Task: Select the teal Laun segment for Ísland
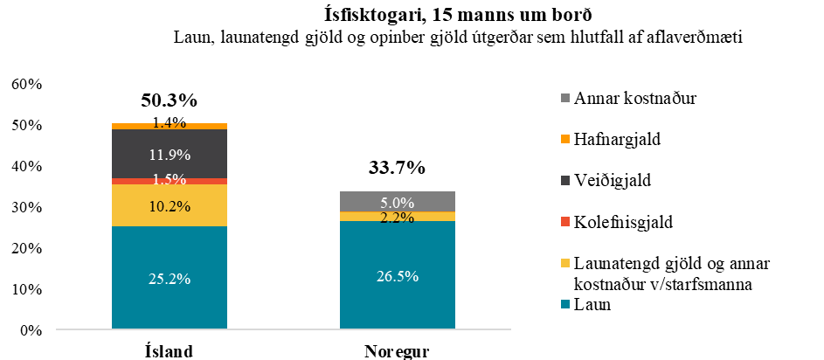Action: [x=169, y=278]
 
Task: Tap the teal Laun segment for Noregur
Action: [x=398, y=275]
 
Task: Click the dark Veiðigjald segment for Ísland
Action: [x=169, y=154]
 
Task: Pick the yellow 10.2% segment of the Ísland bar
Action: [x=169, y=205]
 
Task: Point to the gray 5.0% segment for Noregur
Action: [x=398, y=201]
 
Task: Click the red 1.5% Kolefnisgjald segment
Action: [x=169, y=181]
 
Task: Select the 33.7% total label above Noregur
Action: [x=396, y=167]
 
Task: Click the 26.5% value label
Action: [x=398, y=276]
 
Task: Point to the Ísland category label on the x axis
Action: [x=168, y=351]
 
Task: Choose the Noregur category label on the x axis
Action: [x=396, y=351]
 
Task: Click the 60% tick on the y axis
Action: [x=26, y=84]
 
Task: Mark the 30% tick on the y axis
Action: [x=26, y=207]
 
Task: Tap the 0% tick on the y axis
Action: [x=30, y=330]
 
